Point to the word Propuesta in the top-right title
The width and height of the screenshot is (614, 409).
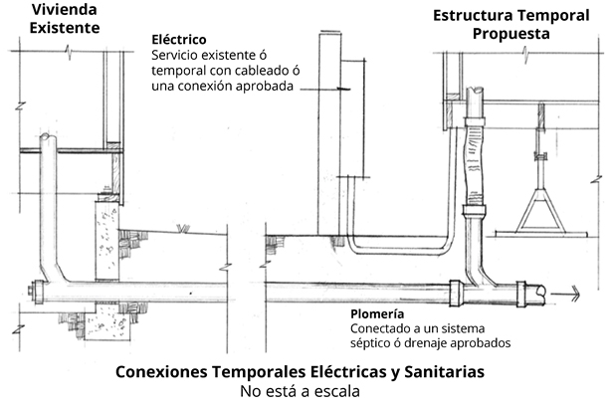click(x=511, y=33)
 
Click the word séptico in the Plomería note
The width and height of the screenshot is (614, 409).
click(x=373, y=341)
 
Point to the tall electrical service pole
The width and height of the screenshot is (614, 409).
click(x=327, y=129)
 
